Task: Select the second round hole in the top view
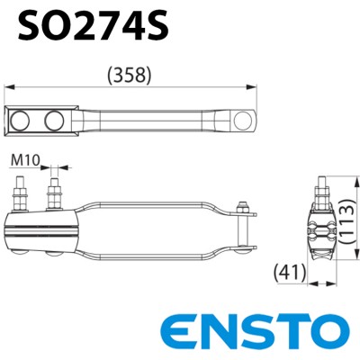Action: (x=55, y=120)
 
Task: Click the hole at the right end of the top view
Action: (x=240, y=120)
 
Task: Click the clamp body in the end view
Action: (x=322, y=232)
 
